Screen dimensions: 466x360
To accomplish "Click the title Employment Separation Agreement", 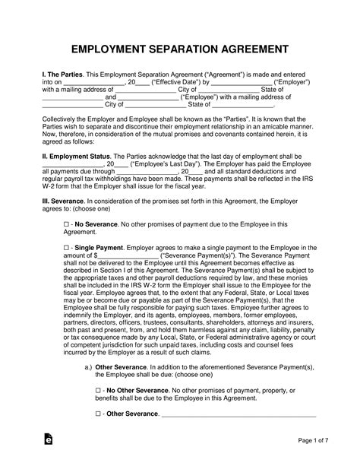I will [179, 50].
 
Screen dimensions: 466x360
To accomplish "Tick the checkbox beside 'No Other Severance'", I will [99, 388].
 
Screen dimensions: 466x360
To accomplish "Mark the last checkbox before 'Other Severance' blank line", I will [99, 414].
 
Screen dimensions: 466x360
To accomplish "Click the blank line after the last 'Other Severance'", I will [238, 414].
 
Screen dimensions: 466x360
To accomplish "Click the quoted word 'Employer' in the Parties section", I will [293, 82].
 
